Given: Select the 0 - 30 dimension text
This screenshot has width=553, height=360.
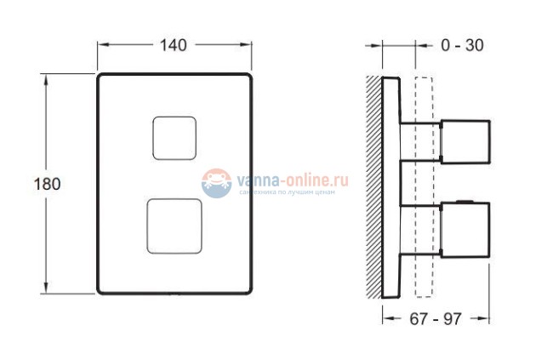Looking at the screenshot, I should tap(463, 46).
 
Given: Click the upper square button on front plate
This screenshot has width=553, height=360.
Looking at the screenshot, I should tap(174, 137).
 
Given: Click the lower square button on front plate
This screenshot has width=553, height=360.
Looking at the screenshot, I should tap(174, 226).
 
